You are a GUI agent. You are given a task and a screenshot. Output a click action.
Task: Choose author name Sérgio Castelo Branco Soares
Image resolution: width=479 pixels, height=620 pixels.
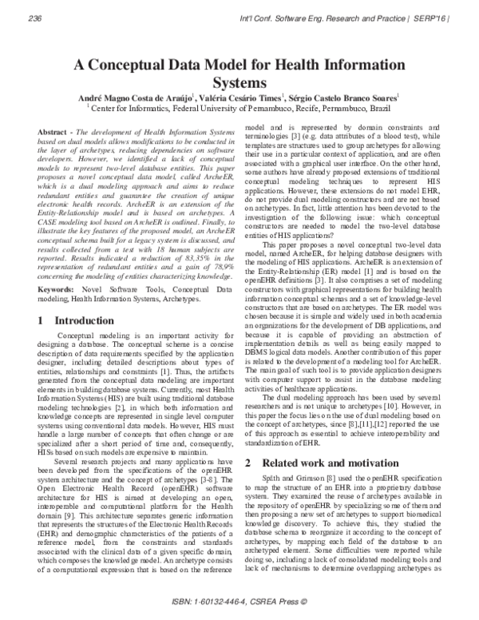pos(354,97)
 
